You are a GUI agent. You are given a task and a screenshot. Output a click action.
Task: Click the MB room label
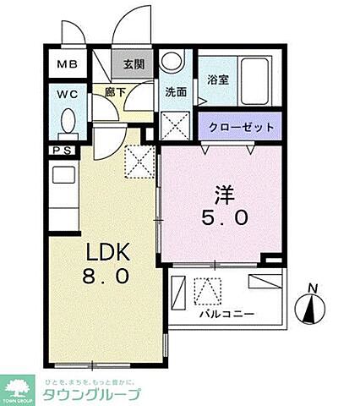66,63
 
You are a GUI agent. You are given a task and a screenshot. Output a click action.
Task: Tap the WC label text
65,96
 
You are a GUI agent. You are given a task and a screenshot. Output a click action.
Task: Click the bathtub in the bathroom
256,80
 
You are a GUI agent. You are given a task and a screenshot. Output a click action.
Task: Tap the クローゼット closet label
243,127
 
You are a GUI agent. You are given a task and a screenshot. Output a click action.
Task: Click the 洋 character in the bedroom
223,193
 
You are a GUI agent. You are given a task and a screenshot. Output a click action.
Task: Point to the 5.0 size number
224,217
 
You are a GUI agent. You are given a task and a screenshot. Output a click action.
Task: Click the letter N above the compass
314,288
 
